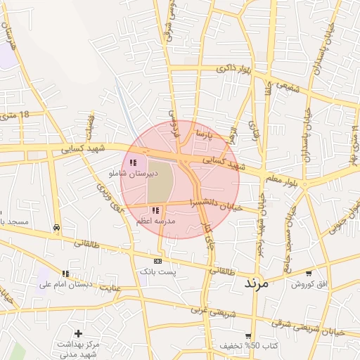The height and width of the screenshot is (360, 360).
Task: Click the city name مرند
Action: [x=257, y=284]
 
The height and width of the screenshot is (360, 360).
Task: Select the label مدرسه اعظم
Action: [x=156, y=221]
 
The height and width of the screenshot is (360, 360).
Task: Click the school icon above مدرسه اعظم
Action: [x=155, y=210]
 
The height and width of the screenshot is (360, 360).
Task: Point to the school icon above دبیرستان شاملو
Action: [x=134, y=162]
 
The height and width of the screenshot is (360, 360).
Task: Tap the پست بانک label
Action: [x=156, y=271]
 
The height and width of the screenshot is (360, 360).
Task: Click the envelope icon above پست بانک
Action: [x=157, y=260]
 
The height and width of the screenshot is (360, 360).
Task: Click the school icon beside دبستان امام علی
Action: [x=65, y=274]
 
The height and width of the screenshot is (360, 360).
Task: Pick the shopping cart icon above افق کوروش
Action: [x=309, y=273]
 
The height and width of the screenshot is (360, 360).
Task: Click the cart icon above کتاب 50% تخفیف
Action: [x=248, y=335]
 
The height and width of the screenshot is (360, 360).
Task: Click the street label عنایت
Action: [x=110, y=287]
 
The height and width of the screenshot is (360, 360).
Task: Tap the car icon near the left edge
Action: [x=56, y=227]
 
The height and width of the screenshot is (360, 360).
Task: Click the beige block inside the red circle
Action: [x=160, y=184]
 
